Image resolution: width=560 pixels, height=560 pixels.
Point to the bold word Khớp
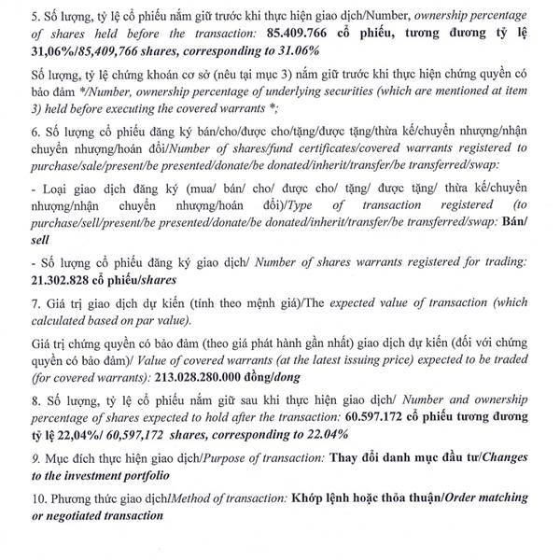coord(310,497)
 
